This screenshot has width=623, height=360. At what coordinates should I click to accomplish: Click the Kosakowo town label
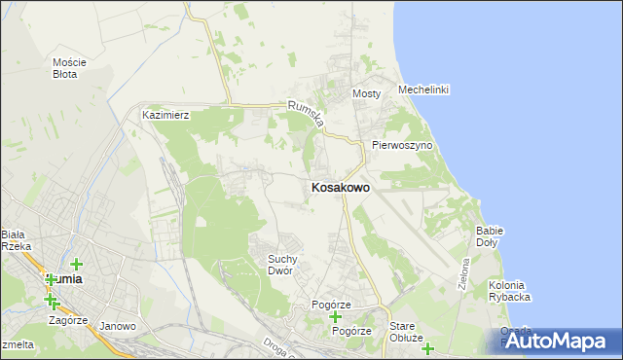tap(340, 187)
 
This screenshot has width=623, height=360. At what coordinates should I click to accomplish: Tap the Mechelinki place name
tap(423, 90)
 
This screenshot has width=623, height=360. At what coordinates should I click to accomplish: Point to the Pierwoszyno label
tap(402, 145)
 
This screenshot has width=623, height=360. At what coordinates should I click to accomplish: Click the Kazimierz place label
tap(165, 115)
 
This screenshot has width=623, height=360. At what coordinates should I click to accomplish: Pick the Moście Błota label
tap(69, 67)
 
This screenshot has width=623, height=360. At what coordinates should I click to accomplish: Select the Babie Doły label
tap(489, 236)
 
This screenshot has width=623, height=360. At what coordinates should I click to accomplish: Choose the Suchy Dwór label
tap(288, 264)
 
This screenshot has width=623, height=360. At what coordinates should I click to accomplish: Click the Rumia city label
tap(64, 278)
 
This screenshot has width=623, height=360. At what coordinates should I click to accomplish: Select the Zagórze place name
tap(68, 319)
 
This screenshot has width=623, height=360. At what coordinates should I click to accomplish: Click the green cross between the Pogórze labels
tap(336, 317)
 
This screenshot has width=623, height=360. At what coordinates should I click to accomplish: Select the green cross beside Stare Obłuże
tap(426, 348)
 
